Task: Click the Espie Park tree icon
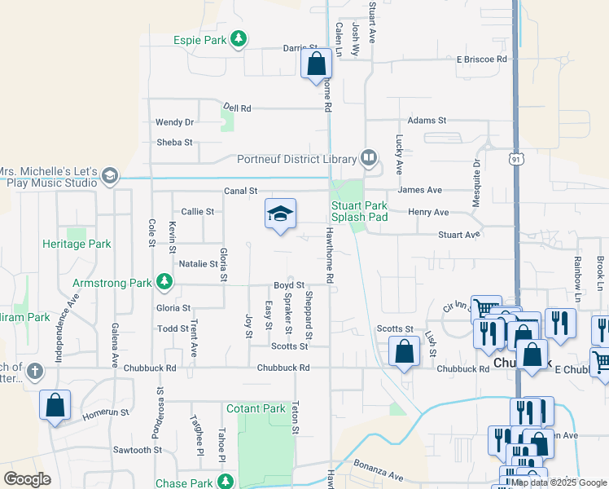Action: (238, 38)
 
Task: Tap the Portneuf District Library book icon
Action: (369, 158)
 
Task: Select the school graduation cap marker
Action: (280, 214)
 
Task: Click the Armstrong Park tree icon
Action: (165, 282)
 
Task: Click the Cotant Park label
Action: (256, 408)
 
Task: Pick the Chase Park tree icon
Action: (222, 482)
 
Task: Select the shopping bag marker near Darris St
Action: (316, 63)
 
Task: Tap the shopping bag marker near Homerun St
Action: (55, 404)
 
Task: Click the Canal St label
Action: (241, 191)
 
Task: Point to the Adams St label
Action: (427, 120)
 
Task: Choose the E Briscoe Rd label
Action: (481, 59)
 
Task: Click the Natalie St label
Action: (199, 264)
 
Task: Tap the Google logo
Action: (27, 478)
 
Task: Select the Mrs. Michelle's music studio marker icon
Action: (109, 174)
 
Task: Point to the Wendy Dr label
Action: (175, 122)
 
